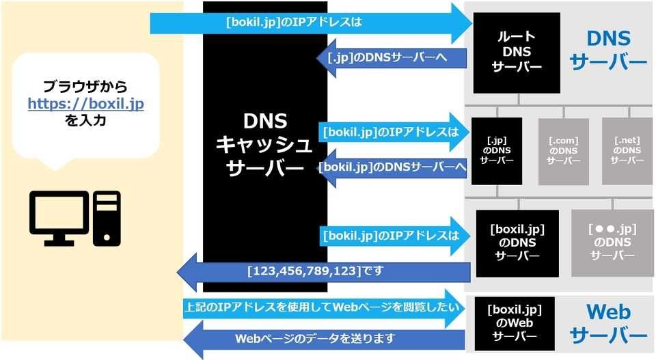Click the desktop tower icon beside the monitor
coord(107,217)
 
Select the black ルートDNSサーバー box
coord(517,53)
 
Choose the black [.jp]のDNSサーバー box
coord(497,151)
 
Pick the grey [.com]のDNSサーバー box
coord(563,151)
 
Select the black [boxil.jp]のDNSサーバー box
coord(517,243)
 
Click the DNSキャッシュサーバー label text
coord(264,143)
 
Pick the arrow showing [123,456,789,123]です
coord(321,271)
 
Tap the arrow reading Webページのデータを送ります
coord(321,339)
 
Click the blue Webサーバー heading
coord(607,323)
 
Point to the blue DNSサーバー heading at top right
coord(607,49)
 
